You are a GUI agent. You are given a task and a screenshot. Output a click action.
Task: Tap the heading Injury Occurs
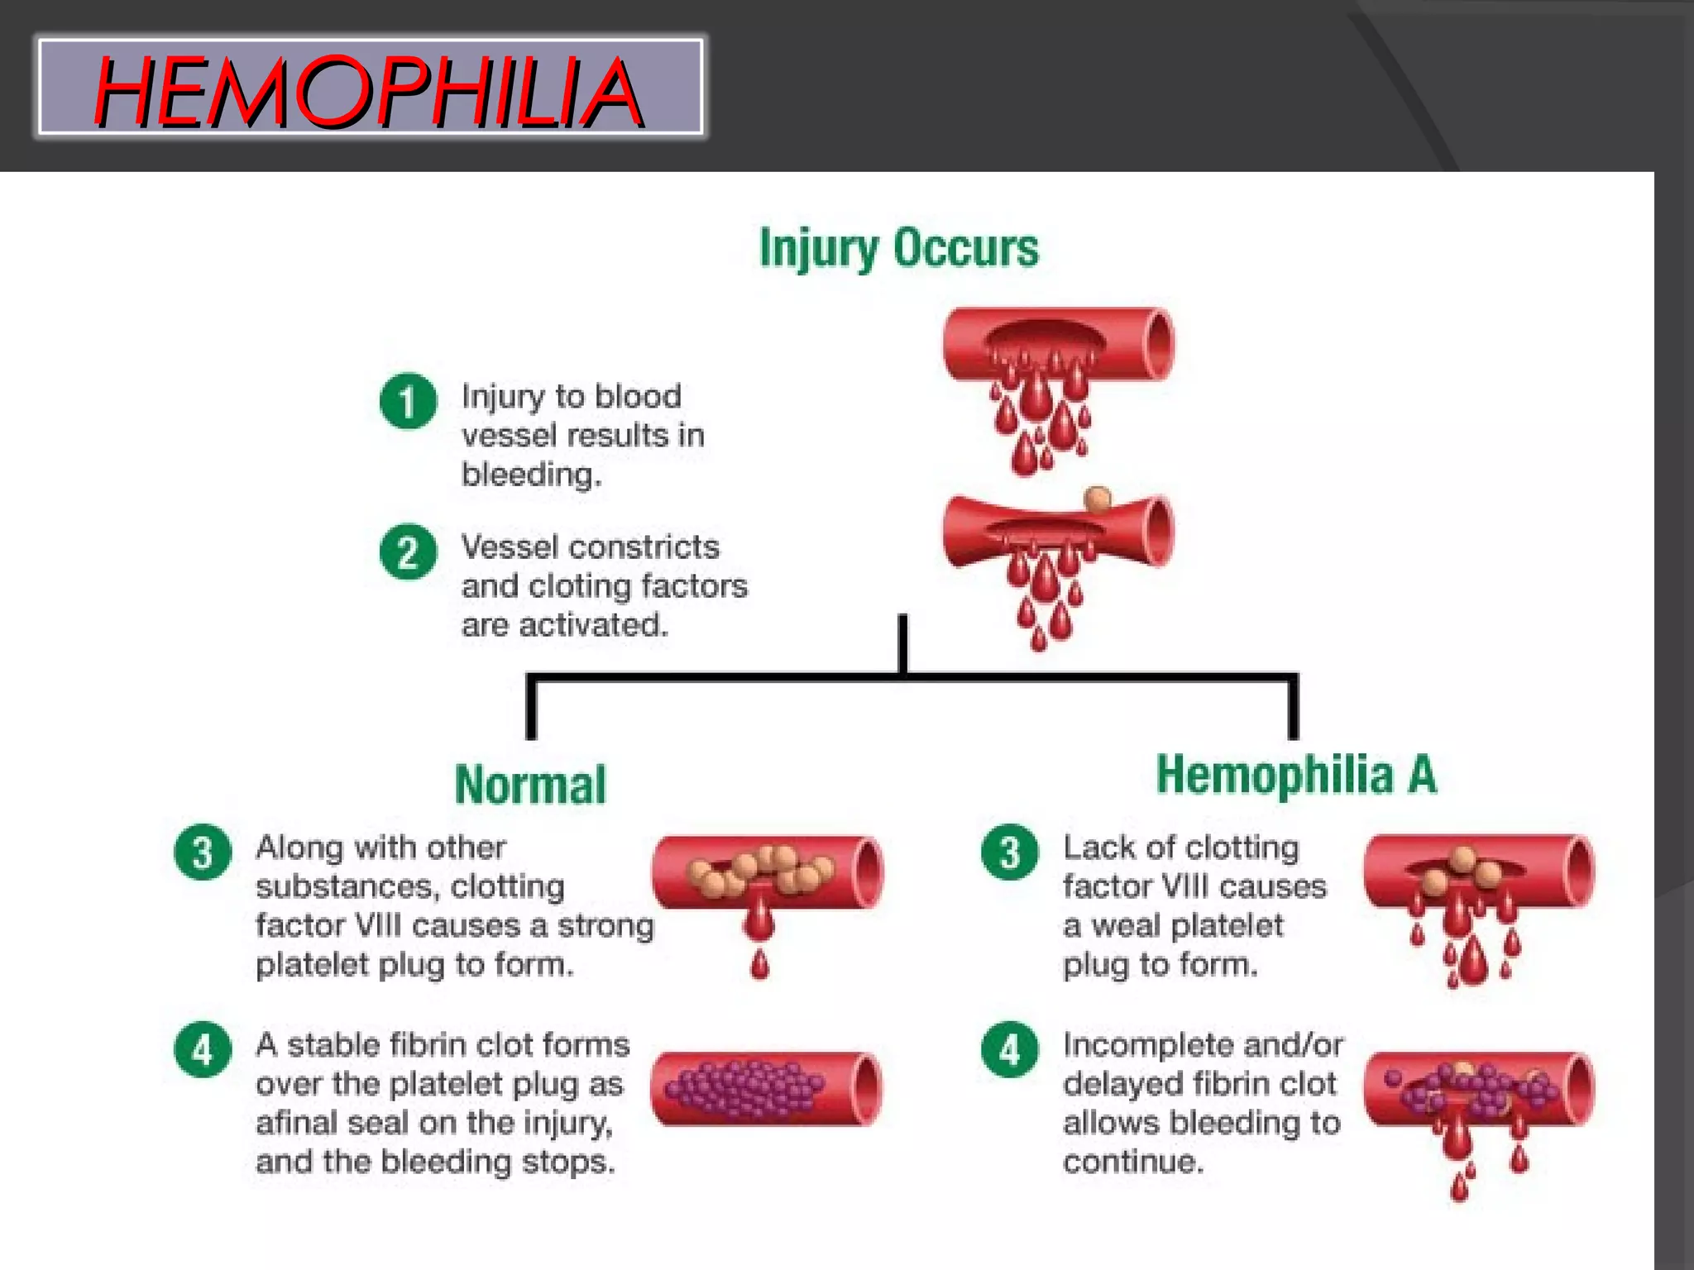point(899,248)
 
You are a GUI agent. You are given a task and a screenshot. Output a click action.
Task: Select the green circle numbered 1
point(408,402)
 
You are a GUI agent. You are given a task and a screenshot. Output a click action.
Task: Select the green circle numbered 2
point(408,552)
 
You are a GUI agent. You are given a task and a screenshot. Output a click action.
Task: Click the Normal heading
point(530,785)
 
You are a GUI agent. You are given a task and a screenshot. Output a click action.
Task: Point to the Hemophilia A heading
point(1296,776)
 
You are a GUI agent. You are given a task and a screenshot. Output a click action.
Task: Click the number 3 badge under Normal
point(203,852)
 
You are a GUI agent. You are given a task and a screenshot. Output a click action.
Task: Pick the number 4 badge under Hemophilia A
point(1009,1050)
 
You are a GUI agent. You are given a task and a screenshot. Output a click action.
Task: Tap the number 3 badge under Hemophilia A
point(1009,852)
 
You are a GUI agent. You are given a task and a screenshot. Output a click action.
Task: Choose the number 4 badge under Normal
point(203,1050)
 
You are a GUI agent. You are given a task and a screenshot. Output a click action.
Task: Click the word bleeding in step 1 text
point(529,475)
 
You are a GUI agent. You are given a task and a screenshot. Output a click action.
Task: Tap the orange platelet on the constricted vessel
point(1098,499)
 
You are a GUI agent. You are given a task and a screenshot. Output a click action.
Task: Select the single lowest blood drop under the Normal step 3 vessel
point(760,965)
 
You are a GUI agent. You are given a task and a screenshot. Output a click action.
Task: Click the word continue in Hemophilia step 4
point(1132,1163)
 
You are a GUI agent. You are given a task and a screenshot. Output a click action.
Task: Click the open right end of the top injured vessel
point(1159,344)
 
